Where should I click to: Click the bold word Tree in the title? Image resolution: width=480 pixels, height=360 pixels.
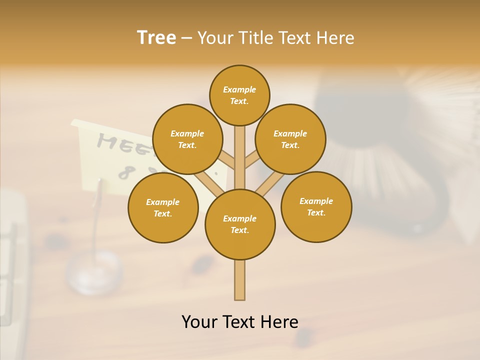[x=156, y=38]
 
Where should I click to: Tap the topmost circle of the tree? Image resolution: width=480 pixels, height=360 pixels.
[x=239, y=95]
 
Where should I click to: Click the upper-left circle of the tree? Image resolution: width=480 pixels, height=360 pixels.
[x=187, y=139]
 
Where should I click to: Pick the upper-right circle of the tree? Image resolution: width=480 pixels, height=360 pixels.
[x=290, y=139]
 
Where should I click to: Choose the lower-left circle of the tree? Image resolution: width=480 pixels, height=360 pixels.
[x=163, y=207]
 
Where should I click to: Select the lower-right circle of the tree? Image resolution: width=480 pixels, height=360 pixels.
[x=316, y=206]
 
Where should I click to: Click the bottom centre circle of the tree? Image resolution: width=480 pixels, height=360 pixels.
[x=240, y=224]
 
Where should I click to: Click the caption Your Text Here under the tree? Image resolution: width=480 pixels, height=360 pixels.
[x=239, y=321]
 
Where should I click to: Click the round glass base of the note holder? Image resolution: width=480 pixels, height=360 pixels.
[x=94, y=272]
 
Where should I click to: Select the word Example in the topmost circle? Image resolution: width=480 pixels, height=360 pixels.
[x=239, y=89]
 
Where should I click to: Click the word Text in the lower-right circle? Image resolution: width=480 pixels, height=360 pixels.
[x=316, y=212]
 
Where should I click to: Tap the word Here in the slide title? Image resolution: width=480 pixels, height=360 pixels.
[x=335, y=38]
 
